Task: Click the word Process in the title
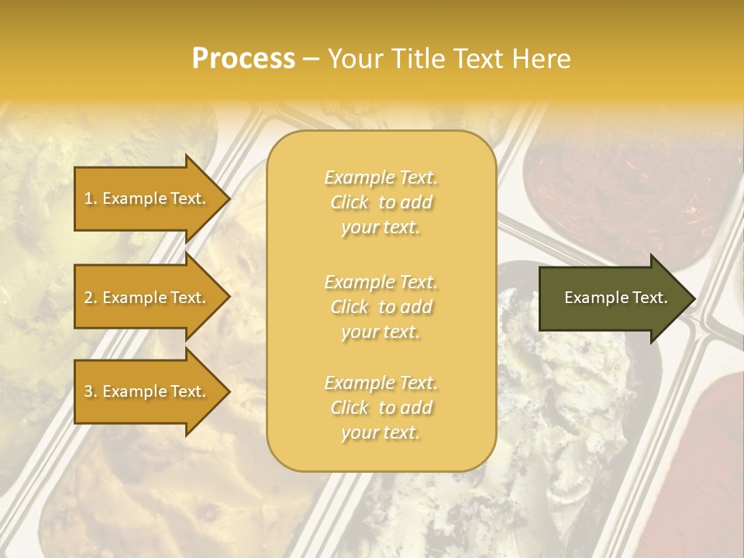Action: [243, 59]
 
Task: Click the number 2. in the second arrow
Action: [90, 298]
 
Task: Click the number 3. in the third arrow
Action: [90, 391]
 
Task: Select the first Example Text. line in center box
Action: [381, 177]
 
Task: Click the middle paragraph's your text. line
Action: [381, 332]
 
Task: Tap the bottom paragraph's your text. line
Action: [381, 432]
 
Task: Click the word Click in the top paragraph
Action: [350, 202]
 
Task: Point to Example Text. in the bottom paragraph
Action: [381, 383]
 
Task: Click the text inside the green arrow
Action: [616, 298]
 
